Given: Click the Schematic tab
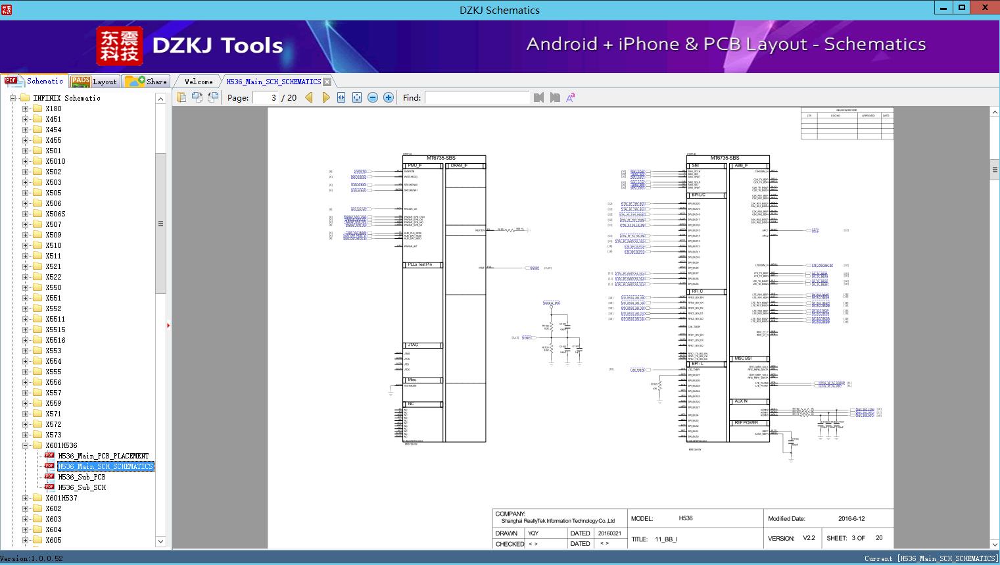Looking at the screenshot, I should tap(36, 81).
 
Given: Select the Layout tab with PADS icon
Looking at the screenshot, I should tap(95, 81).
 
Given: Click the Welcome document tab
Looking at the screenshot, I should tap(199, 82).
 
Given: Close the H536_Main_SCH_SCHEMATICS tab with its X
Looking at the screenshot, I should tap(327, 82).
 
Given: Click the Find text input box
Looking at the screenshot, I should tap(477, 97).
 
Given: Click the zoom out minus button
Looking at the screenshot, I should tap(373, 97).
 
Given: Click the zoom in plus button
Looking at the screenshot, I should tap(389, 97).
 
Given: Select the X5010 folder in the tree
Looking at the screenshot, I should tap(55, 161).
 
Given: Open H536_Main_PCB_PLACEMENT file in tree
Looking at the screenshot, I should tap(103, 456).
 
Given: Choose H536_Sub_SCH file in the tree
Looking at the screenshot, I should tap(82, 487).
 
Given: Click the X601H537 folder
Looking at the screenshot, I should tap(61, 498).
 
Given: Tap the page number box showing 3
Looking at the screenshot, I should tap(266, 97).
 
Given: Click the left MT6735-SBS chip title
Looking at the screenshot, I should tap(440, 159).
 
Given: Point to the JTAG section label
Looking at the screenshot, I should tap(413, 345).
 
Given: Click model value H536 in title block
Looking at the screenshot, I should tap(686, 518).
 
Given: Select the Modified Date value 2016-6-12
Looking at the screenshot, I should tap(851, 518).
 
